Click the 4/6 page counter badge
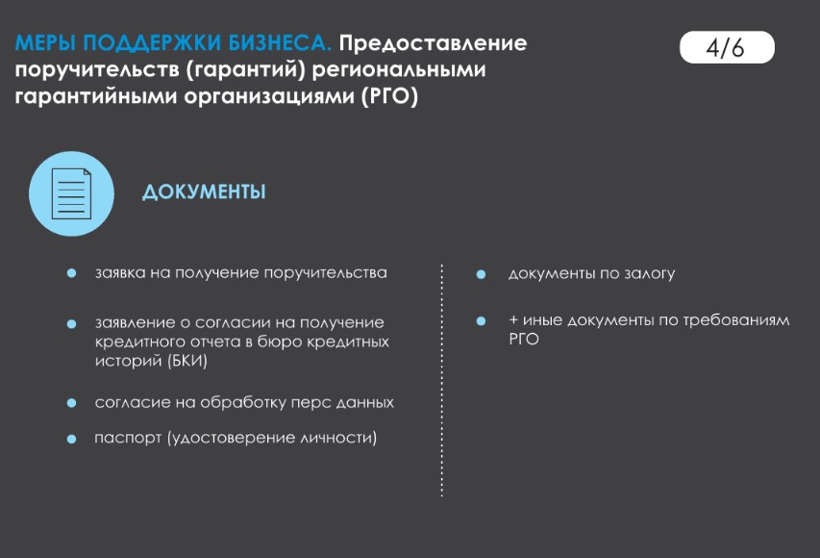tap(727, 47)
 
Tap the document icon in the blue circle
tap(72, 193)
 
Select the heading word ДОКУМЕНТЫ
tap(204, 192)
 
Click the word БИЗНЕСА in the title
tap(280, 43)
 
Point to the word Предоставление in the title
tap(433, 43)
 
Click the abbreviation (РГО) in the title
tap(389, 96)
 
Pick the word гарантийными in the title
tap(96, 97)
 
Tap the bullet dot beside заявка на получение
tap(72, 273)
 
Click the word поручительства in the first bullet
tap(325, 273)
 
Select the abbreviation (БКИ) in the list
tap(187, 361)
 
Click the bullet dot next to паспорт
tap(72, 439)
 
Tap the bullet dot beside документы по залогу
tap(481, 274)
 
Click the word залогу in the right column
tap(650, 274)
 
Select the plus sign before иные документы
tap(513, 319)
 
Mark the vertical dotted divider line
tap(442, 381)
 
